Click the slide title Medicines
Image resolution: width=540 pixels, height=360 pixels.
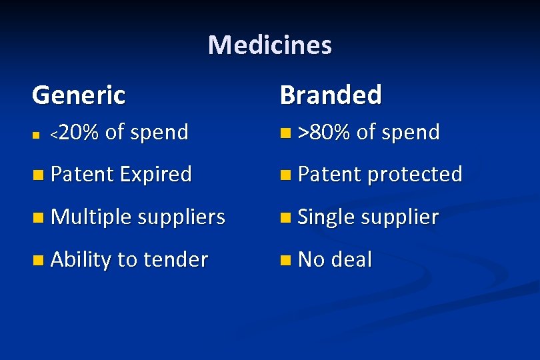269,45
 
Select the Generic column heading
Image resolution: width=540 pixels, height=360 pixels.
79,95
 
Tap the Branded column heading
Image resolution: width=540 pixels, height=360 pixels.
331,95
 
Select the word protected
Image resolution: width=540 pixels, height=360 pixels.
415,175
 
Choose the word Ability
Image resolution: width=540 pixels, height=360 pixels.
81,259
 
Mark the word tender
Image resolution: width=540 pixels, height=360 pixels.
175,259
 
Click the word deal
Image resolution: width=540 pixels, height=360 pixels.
351,259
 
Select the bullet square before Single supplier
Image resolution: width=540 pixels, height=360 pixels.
286,218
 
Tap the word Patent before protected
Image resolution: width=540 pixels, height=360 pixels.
329,175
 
